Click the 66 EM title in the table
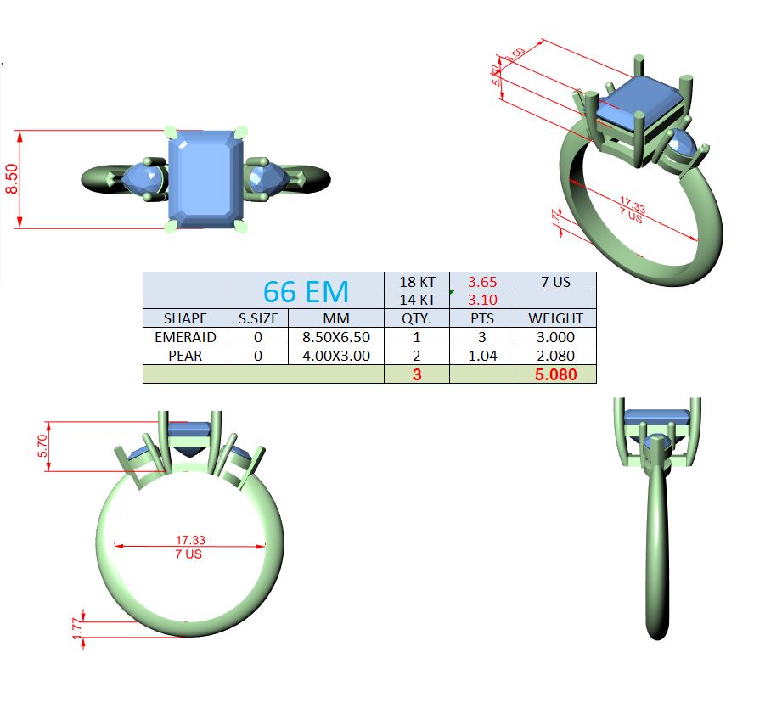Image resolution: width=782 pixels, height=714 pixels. [306, 292]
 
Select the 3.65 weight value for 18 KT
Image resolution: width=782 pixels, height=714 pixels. [482, 282]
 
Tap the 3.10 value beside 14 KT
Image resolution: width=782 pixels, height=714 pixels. [482, 300]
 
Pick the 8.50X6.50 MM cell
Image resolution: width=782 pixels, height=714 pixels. [336, 337]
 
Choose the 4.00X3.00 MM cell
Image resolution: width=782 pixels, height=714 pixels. [336, 356]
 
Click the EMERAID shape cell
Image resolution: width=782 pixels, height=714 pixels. [185, 337]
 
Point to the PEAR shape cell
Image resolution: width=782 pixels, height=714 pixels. [185, 356]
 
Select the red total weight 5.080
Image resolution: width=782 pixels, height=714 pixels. [555, 374]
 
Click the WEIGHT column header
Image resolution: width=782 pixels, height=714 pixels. [555, 318]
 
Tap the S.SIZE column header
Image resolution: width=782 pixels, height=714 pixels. [258, 318]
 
